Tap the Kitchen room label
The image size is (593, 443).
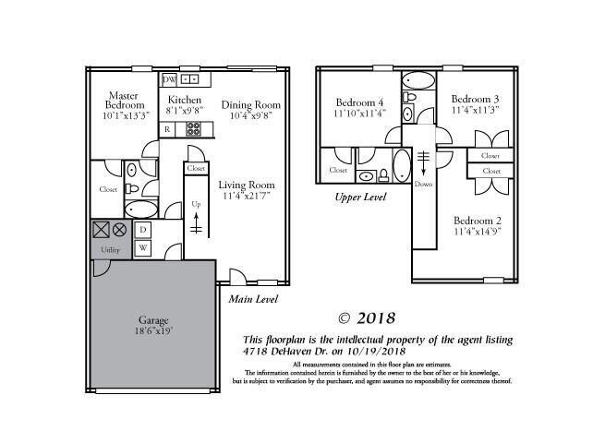click(185, 99)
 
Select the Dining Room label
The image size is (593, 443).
click(252, 104)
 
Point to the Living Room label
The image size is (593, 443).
click(247, 185)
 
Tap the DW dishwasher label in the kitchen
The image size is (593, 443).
click(169, 80)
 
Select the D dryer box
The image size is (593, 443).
click(143, 229)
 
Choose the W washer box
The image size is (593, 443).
click(143, 247)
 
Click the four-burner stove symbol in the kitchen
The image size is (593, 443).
click(194, 129)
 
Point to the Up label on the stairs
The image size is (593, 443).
click(195, 203)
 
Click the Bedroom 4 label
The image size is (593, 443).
click(359, 102)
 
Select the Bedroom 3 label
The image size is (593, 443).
click(476, 99)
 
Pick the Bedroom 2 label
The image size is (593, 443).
click(478, 221)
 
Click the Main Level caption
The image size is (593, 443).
click(253, 299)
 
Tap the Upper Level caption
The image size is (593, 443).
click(359, 197)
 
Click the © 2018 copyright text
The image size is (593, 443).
click(366, 318)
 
